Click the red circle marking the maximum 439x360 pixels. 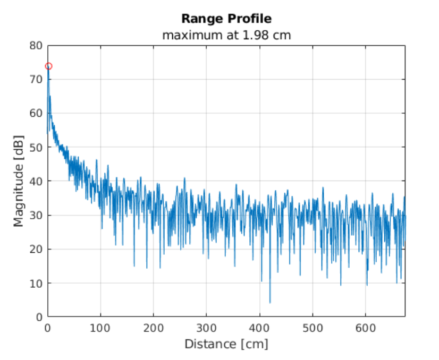pyautogui.click(x=48, y=66)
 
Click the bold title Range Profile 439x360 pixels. pyautogui.click(x=226, y=19)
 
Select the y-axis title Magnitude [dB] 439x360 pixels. pyautogui.click(x=19, y=181)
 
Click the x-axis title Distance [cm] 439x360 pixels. pyautogui.click(x=226, y=344)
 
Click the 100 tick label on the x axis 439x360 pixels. pyautogui.click(x=100, y=327)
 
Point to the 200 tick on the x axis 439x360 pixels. pyautogui.click(x=154, y=327)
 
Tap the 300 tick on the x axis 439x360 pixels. pyautogui.click(x=206, y=327)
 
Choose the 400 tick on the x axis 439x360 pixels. pyautogui.click(x=259, y=327)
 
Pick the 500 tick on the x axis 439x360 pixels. pyautogui.click(x=313, y=327)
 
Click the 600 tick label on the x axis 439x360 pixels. pyautogui.click(x=365, y=327)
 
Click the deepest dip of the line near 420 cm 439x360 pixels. pyautogui.click(x=270, y=302)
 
